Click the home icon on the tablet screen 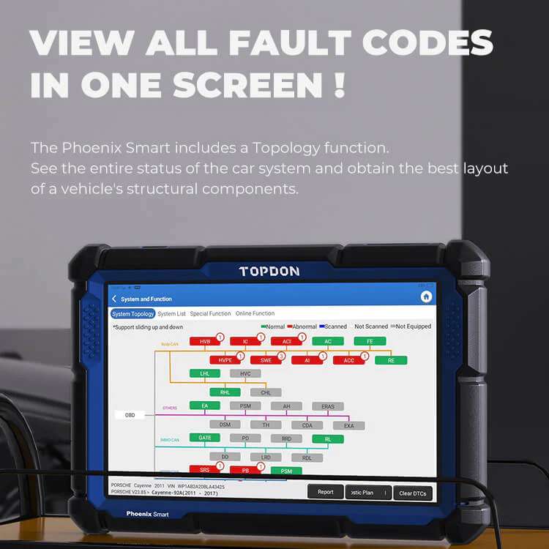pos(425,296)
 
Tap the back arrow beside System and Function pos(114,299)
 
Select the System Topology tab pos(132,313)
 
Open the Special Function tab pos(210,313)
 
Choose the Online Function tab pos(255,313)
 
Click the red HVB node pos(205,341)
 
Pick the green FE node pos(370,341)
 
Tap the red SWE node pos(266,360)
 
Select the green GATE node pos(205,438)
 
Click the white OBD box pos(130,415)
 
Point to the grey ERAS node pos(328,406)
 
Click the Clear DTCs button pos(413,493)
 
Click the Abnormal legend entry pos(302,326)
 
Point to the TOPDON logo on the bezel pos(269,271)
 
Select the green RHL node pos(205,392)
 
